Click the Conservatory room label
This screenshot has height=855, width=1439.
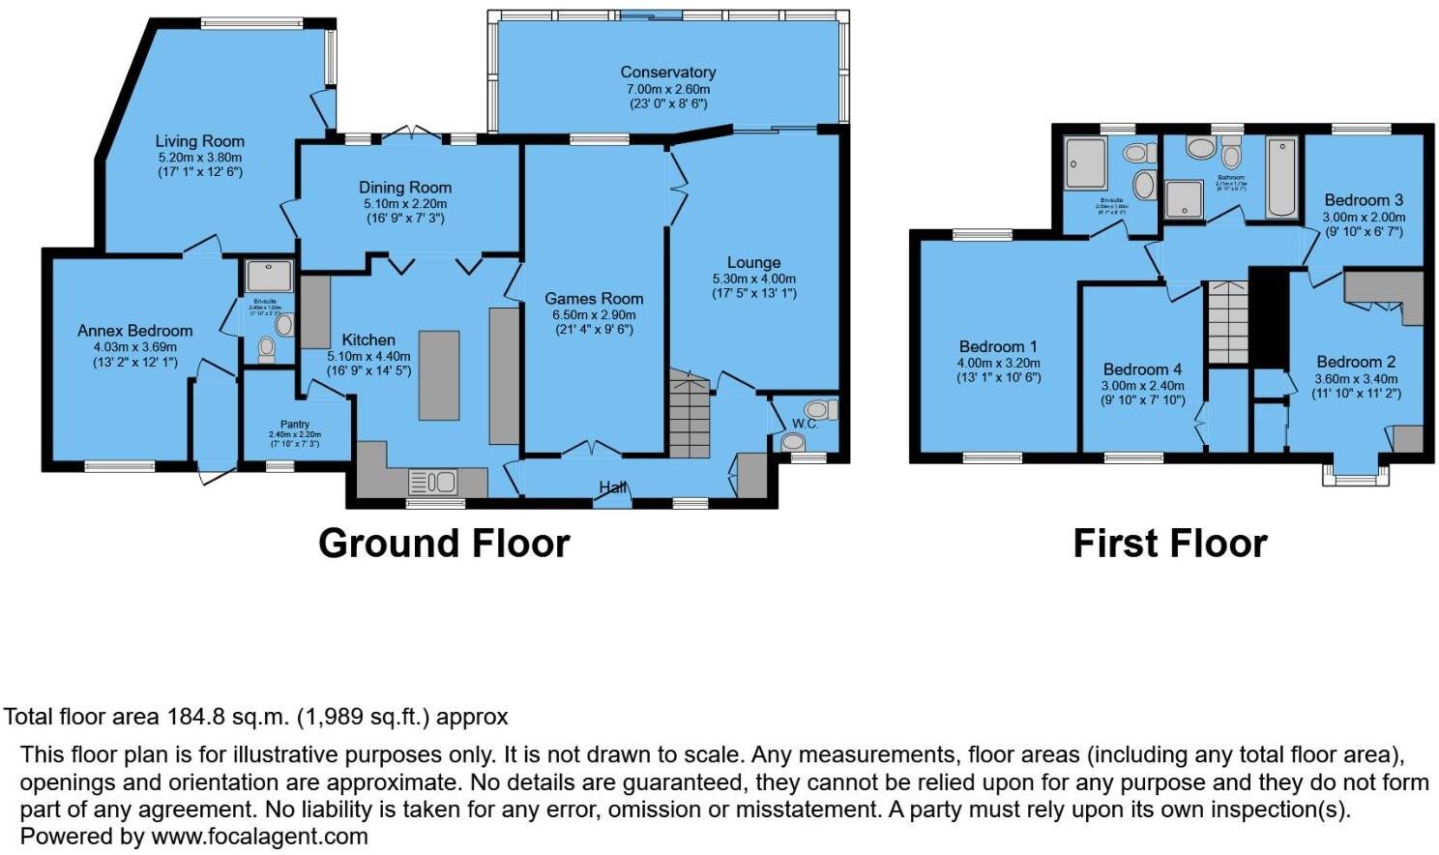point(667,72)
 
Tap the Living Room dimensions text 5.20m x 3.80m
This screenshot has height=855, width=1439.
point(200,157)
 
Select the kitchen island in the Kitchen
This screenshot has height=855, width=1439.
point(438,375)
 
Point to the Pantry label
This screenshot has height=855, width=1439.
point(295,424)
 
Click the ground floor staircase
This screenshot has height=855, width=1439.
point(689,416)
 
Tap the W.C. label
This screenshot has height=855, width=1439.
point(805,424)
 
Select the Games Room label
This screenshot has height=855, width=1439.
point(593,299)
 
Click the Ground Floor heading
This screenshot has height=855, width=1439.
point(444,544)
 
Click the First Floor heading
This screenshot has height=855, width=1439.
point(1169,544)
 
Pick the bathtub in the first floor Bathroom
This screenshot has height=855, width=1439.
point(1282,178)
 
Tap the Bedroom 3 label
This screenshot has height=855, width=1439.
point(1364,200)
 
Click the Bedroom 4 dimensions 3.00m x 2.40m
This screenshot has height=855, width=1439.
point(1142,385)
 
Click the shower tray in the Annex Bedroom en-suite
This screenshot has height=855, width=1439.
point(269,277)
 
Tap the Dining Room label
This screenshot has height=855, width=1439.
point(405,188)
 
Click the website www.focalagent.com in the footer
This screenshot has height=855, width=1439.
point(259,837)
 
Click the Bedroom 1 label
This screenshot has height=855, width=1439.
point(998,346)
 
